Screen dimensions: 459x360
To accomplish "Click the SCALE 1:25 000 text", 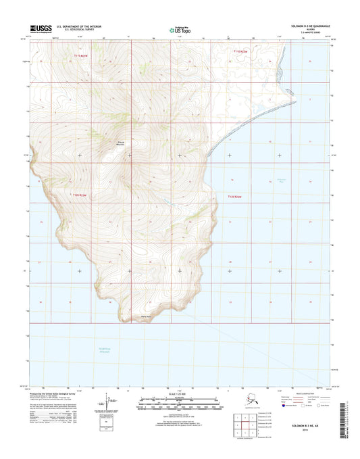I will coord(179,393).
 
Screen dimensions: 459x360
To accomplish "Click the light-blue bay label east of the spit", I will coord(282,179).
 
